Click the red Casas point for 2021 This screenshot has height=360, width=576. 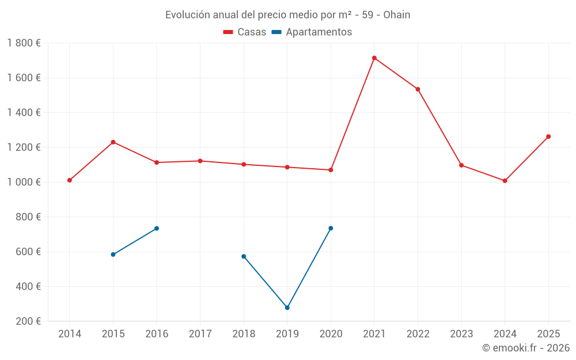374,58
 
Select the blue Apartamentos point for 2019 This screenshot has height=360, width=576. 287,308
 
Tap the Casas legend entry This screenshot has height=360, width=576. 245,32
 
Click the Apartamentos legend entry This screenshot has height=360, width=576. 312,32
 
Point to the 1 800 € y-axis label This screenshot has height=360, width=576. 24,43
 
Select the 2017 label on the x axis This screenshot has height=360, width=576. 200,334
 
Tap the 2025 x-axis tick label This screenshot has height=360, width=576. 548,334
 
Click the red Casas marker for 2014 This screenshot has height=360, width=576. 70,180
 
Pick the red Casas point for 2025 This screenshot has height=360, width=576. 548,137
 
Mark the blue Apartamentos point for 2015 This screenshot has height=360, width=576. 113,255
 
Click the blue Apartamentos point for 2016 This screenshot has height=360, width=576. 157,229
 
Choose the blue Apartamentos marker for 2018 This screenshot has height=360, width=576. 244,256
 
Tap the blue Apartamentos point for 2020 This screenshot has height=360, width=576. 331,228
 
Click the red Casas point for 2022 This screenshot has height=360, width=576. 418,89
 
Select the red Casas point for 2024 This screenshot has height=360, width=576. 505,181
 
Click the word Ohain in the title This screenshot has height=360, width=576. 396,15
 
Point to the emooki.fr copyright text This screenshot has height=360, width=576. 525,348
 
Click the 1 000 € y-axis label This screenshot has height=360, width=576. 24,182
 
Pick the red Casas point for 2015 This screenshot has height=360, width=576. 113,142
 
